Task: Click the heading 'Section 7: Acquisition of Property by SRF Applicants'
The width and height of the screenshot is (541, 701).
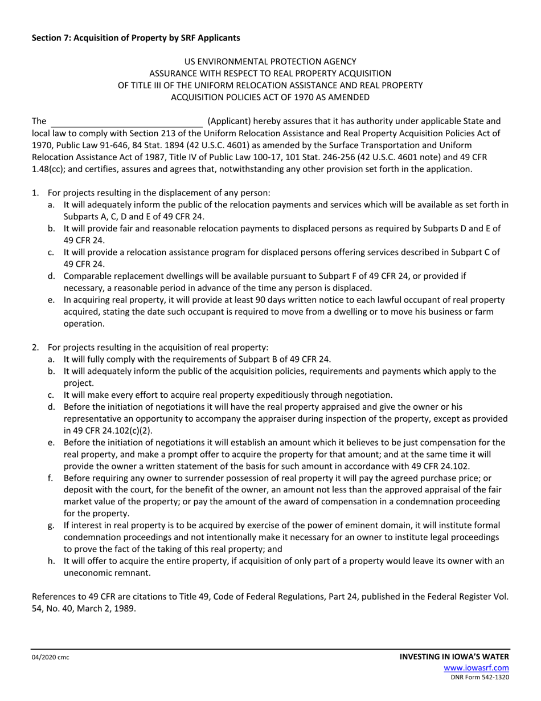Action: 136,38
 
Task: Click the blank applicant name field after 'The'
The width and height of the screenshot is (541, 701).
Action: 126,121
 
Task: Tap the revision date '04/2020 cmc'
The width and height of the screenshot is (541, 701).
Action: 50,658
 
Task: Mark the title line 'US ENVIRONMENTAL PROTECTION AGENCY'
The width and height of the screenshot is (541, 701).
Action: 270,61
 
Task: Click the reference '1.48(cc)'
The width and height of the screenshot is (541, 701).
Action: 47,169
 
